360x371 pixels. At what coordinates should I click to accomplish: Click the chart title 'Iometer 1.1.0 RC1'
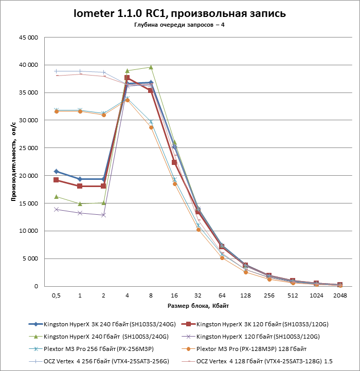pos(179,13)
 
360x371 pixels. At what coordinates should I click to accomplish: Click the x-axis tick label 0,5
pos(56,295)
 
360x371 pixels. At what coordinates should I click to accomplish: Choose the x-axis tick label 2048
pos(339,295)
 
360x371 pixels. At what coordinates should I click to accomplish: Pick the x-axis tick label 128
pos(245,295)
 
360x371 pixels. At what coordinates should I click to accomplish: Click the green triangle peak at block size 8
pos(151,67)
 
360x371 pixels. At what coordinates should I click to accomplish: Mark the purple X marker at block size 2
pos(103,215)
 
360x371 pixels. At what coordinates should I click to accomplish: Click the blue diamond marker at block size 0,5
pos(56,171)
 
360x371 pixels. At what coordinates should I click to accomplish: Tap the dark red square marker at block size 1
pos(80,186)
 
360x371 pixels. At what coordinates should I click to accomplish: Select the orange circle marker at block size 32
pos(198,230)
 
